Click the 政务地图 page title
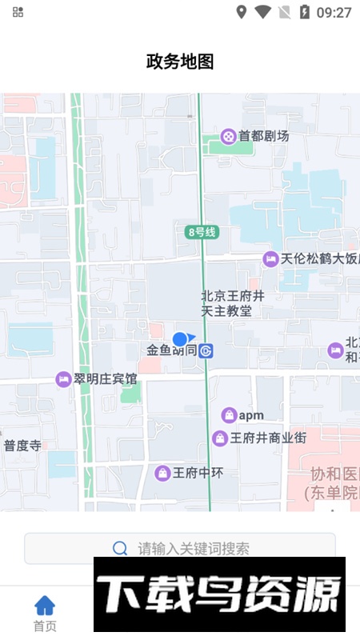[x=180, y=62]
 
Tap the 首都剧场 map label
[x=263, y=136]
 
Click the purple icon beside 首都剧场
[x=229, y=137]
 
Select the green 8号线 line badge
[x=202, y=232]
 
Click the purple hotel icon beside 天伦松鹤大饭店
[x=270, y=259]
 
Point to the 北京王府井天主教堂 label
[x=226, y=303]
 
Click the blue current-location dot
[x=180, y=339]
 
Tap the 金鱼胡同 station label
[x=171, y=350]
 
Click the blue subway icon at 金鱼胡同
[x=206, y=350]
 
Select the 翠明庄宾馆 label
[x=105, y=378]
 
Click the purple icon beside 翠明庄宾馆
[x=63, y=379]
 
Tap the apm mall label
[x=251, y=415]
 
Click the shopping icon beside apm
[x=229, y=415]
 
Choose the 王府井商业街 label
[x=268, y=438]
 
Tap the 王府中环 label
[x=198, y=473]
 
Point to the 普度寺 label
[x=22, y=446]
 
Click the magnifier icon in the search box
[x=120, y=548]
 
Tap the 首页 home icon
[x=45, y=606]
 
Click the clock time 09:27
[x=334, y=12]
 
